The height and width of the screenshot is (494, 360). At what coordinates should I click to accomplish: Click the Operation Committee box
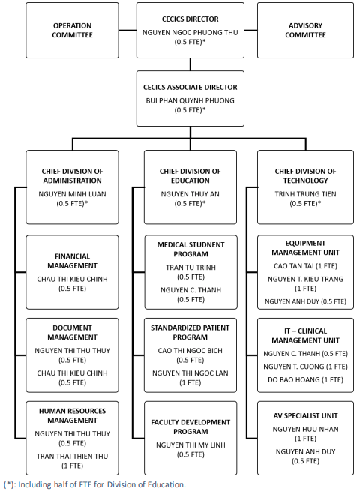(72, 30)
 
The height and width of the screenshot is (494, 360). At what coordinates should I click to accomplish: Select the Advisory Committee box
(305, 30)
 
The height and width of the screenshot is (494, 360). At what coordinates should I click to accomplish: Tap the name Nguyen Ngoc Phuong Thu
(190, 32)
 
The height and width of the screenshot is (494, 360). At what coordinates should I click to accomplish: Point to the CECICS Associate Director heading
(190, 87)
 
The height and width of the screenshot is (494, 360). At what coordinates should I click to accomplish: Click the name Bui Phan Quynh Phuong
(190, 100)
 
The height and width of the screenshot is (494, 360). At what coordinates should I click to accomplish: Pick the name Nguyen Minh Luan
(72, 194)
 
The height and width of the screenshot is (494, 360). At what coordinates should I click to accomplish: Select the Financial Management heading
(72, 261)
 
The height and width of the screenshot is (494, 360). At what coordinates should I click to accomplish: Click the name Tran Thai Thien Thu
(72, 457)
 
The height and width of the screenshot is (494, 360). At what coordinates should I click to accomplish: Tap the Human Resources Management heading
(72, 415)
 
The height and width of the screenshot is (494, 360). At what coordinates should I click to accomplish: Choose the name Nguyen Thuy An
(190, 194)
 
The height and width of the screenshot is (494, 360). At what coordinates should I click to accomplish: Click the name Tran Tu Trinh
(190, 268)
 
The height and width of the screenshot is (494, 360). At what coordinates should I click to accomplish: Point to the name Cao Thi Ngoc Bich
(190, 351)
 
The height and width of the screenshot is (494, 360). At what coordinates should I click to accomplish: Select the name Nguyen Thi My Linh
(190, 445)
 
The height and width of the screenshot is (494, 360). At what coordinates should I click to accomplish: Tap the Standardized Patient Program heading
(190, 332)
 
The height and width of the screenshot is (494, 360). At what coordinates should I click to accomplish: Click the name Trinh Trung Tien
(305, 194)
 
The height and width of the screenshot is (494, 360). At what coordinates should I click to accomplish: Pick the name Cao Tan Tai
(294, 266)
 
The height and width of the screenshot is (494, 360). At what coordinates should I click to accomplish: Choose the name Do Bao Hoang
(294, 379)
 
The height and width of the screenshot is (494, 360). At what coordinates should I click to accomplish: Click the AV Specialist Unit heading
(305, 416)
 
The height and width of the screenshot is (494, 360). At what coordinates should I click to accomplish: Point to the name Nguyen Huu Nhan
(305, 429)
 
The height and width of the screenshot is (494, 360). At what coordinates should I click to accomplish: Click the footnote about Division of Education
(94, 484)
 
